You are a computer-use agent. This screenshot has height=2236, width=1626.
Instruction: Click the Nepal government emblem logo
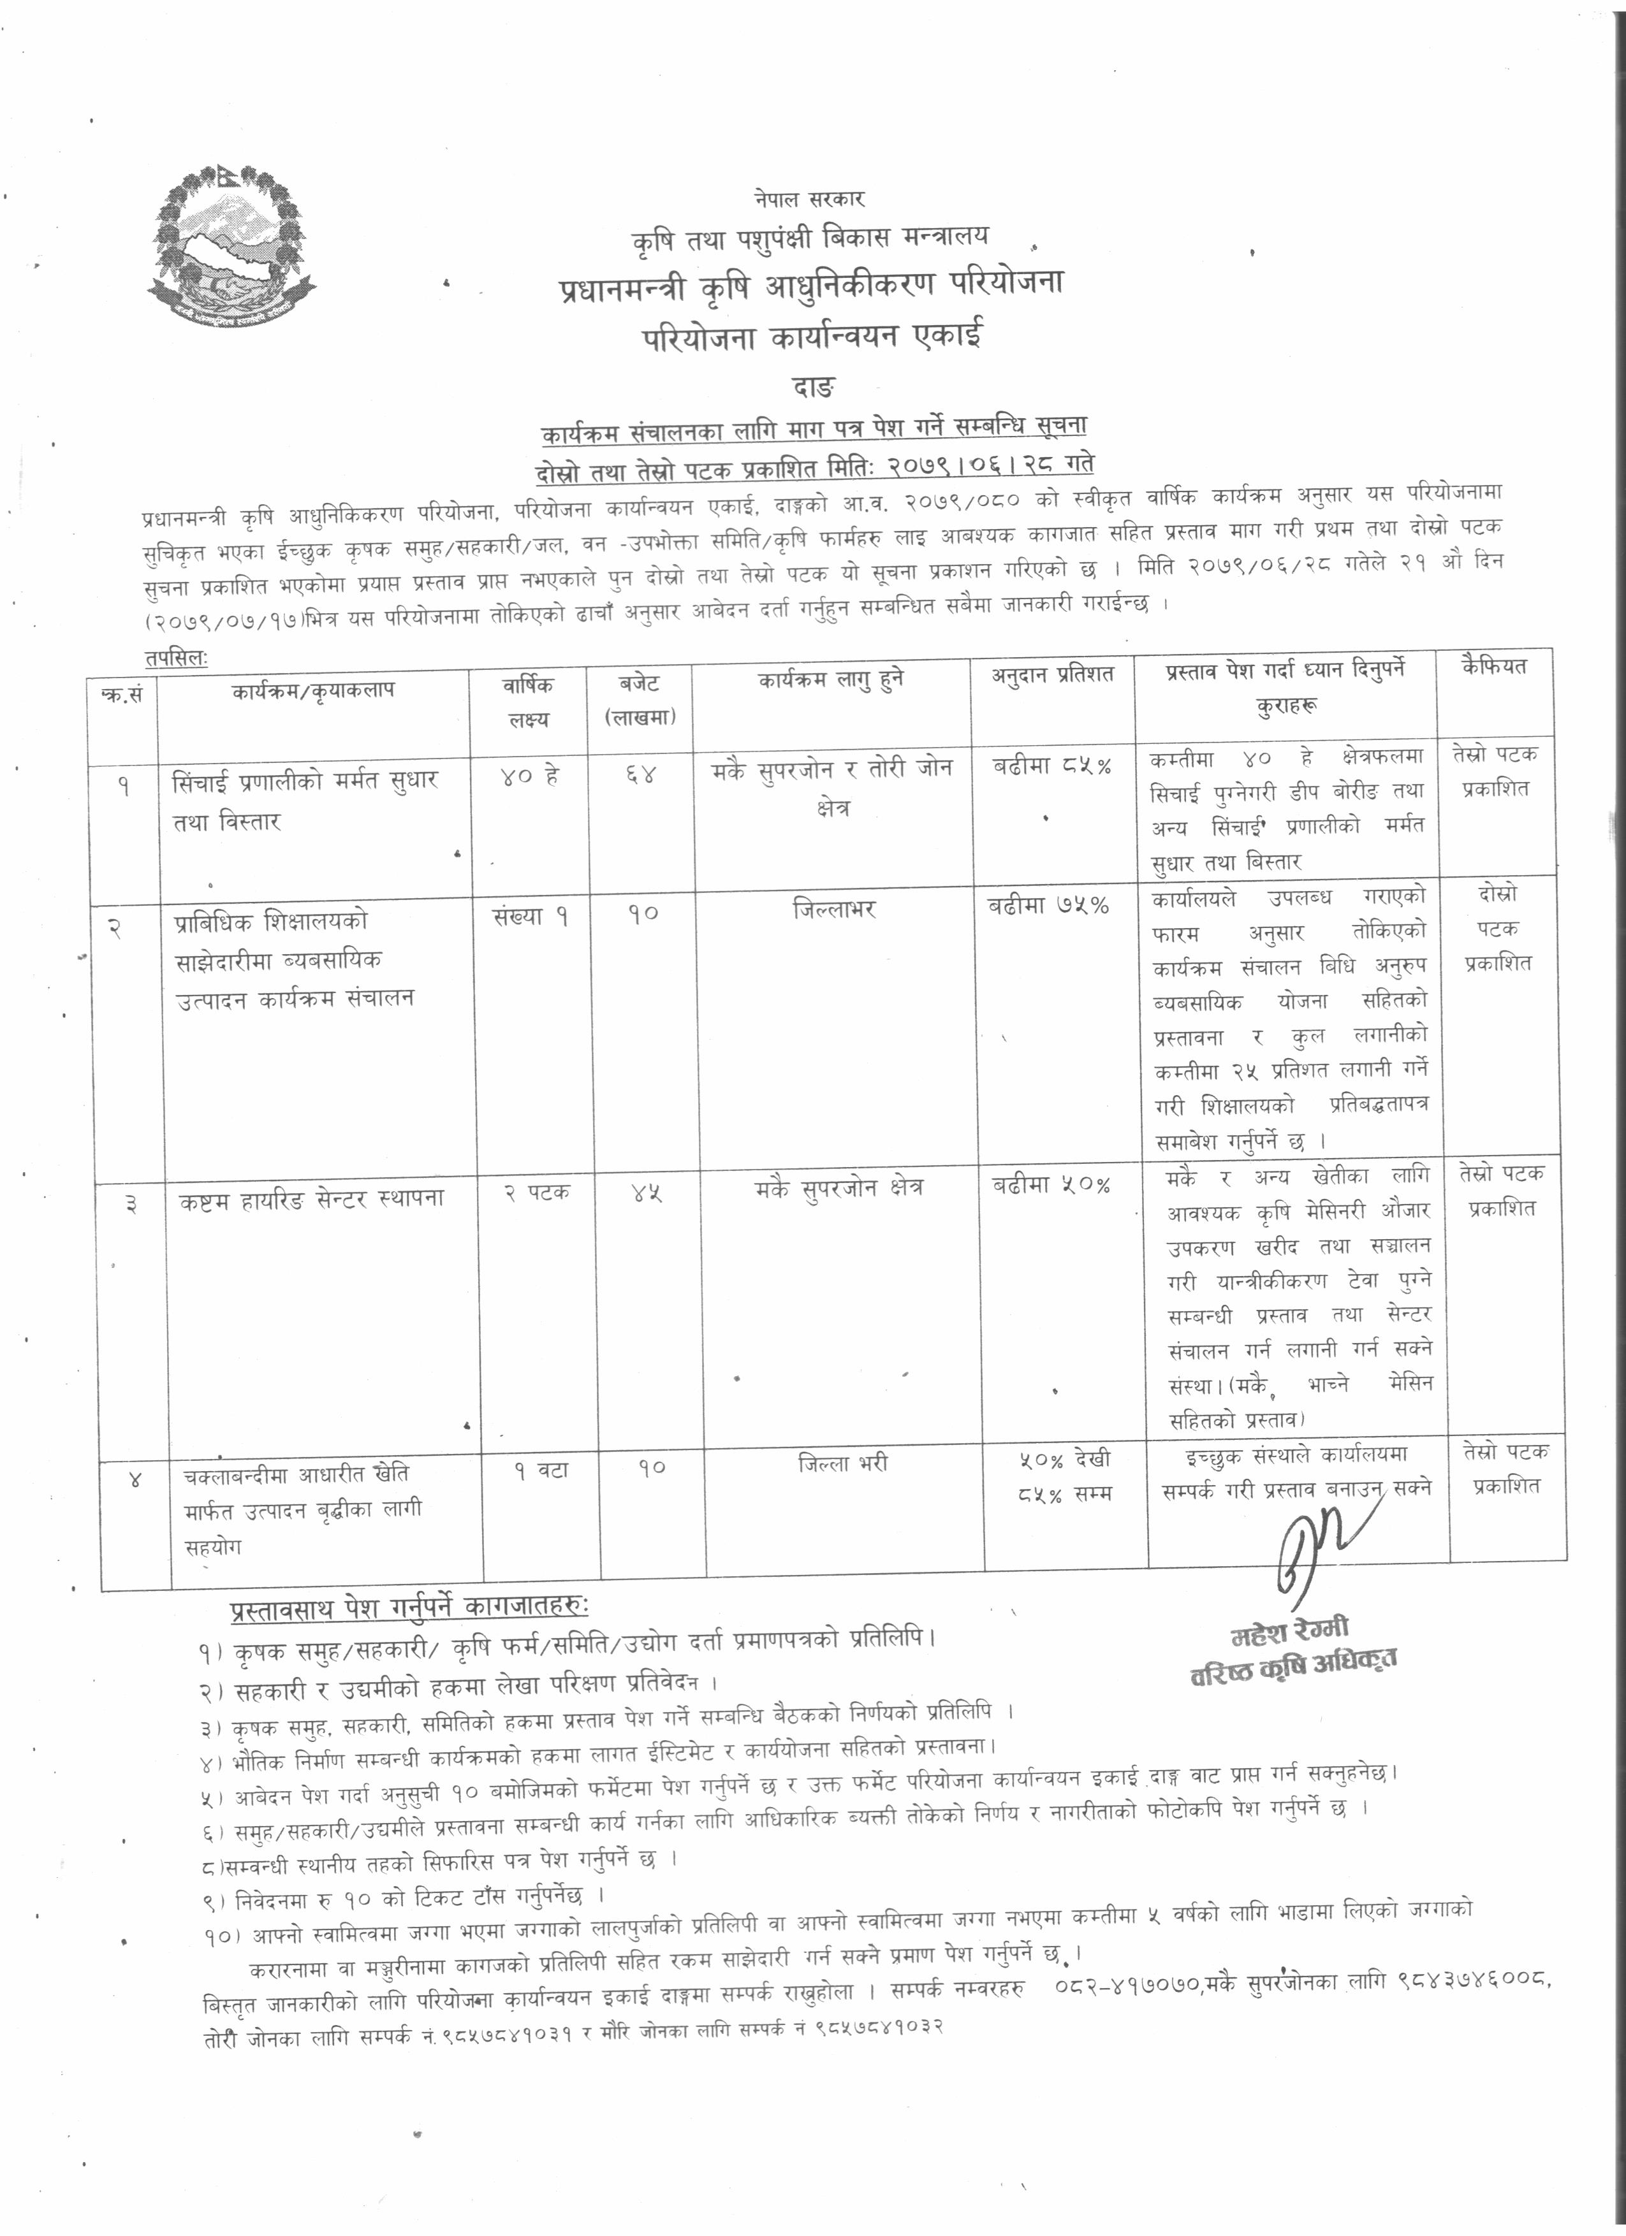[233, 245]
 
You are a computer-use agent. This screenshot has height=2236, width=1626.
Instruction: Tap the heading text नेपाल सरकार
[810, 199]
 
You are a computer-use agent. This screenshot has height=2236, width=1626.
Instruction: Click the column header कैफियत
[1494, 667]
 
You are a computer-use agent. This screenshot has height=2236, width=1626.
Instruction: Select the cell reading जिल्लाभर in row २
[833, 908]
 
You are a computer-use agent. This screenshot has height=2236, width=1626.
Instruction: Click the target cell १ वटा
[539, 1470]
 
